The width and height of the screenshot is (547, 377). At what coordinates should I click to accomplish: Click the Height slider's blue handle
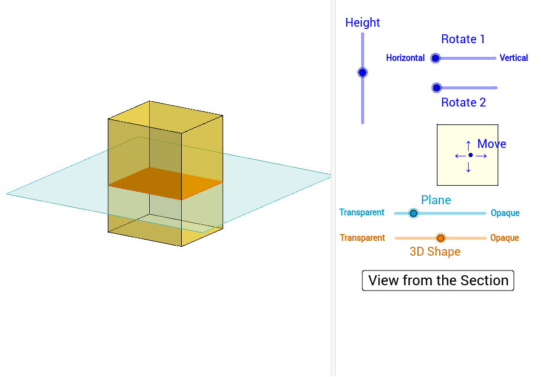pyautogui.click(x=362, y=72)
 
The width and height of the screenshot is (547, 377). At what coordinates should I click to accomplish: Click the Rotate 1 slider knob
pyautogui.click(x=435, y=58)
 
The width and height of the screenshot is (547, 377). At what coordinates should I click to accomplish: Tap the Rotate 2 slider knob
pyautogui.click(x=436, y=88)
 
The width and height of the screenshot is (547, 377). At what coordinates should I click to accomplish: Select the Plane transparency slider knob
pyautogui.click(x=413, y=213)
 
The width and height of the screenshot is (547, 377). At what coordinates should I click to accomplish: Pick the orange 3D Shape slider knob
pyautogui.click(x=440, y=238)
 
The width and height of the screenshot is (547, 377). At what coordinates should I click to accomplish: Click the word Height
pyautogui.click(x=362, y=22)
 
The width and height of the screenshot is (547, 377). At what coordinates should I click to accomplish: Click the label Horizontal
pyautogui.click(x=405, y=58)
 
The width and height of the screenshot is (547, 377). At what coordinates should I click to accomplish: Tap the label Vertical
pyautogui.click(x=513, y=58)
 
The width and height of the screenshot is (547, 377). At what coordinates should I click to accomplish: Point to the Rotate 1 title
pyautogui.click(x=463, y=39)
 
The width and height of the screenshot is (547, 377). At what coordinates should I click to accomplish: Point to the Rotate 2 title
pyautogui.click(x=464, y=102)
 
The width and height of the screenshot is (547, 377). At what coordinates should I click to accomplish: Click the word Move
pyautogui.click(x=491, y=144)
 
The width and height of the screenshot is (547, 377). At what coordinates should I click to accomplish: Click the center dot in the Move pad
pyautogui.click(x=471, y=155)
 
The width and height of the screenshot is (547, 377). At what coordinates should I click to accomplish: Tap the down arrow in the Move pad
pyautogui.click(x=468, y=168)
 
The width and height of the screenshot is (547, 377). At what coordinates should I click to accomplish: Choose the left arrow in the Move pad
pyautogui.click(x=459, y=156)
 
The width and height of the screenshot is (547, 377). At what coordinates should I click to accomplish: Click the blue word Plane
pyautogui.click(x=436, y=200)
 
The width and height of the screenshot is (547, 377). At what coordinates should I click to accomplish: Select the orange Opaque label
pyautogui.click(x=504, y=238)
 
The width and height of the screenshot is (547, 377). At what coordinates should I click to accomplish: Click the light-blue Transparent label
pyautogui.click(x=361, y=212)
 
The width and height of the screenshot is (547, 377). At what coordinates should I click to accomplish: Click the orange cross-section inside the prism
pyautogui.click(x=166, y=183)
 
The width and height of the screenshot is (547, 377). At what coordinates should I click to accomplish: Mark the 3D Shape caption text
pyautogui.click(x=435, y=252)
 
